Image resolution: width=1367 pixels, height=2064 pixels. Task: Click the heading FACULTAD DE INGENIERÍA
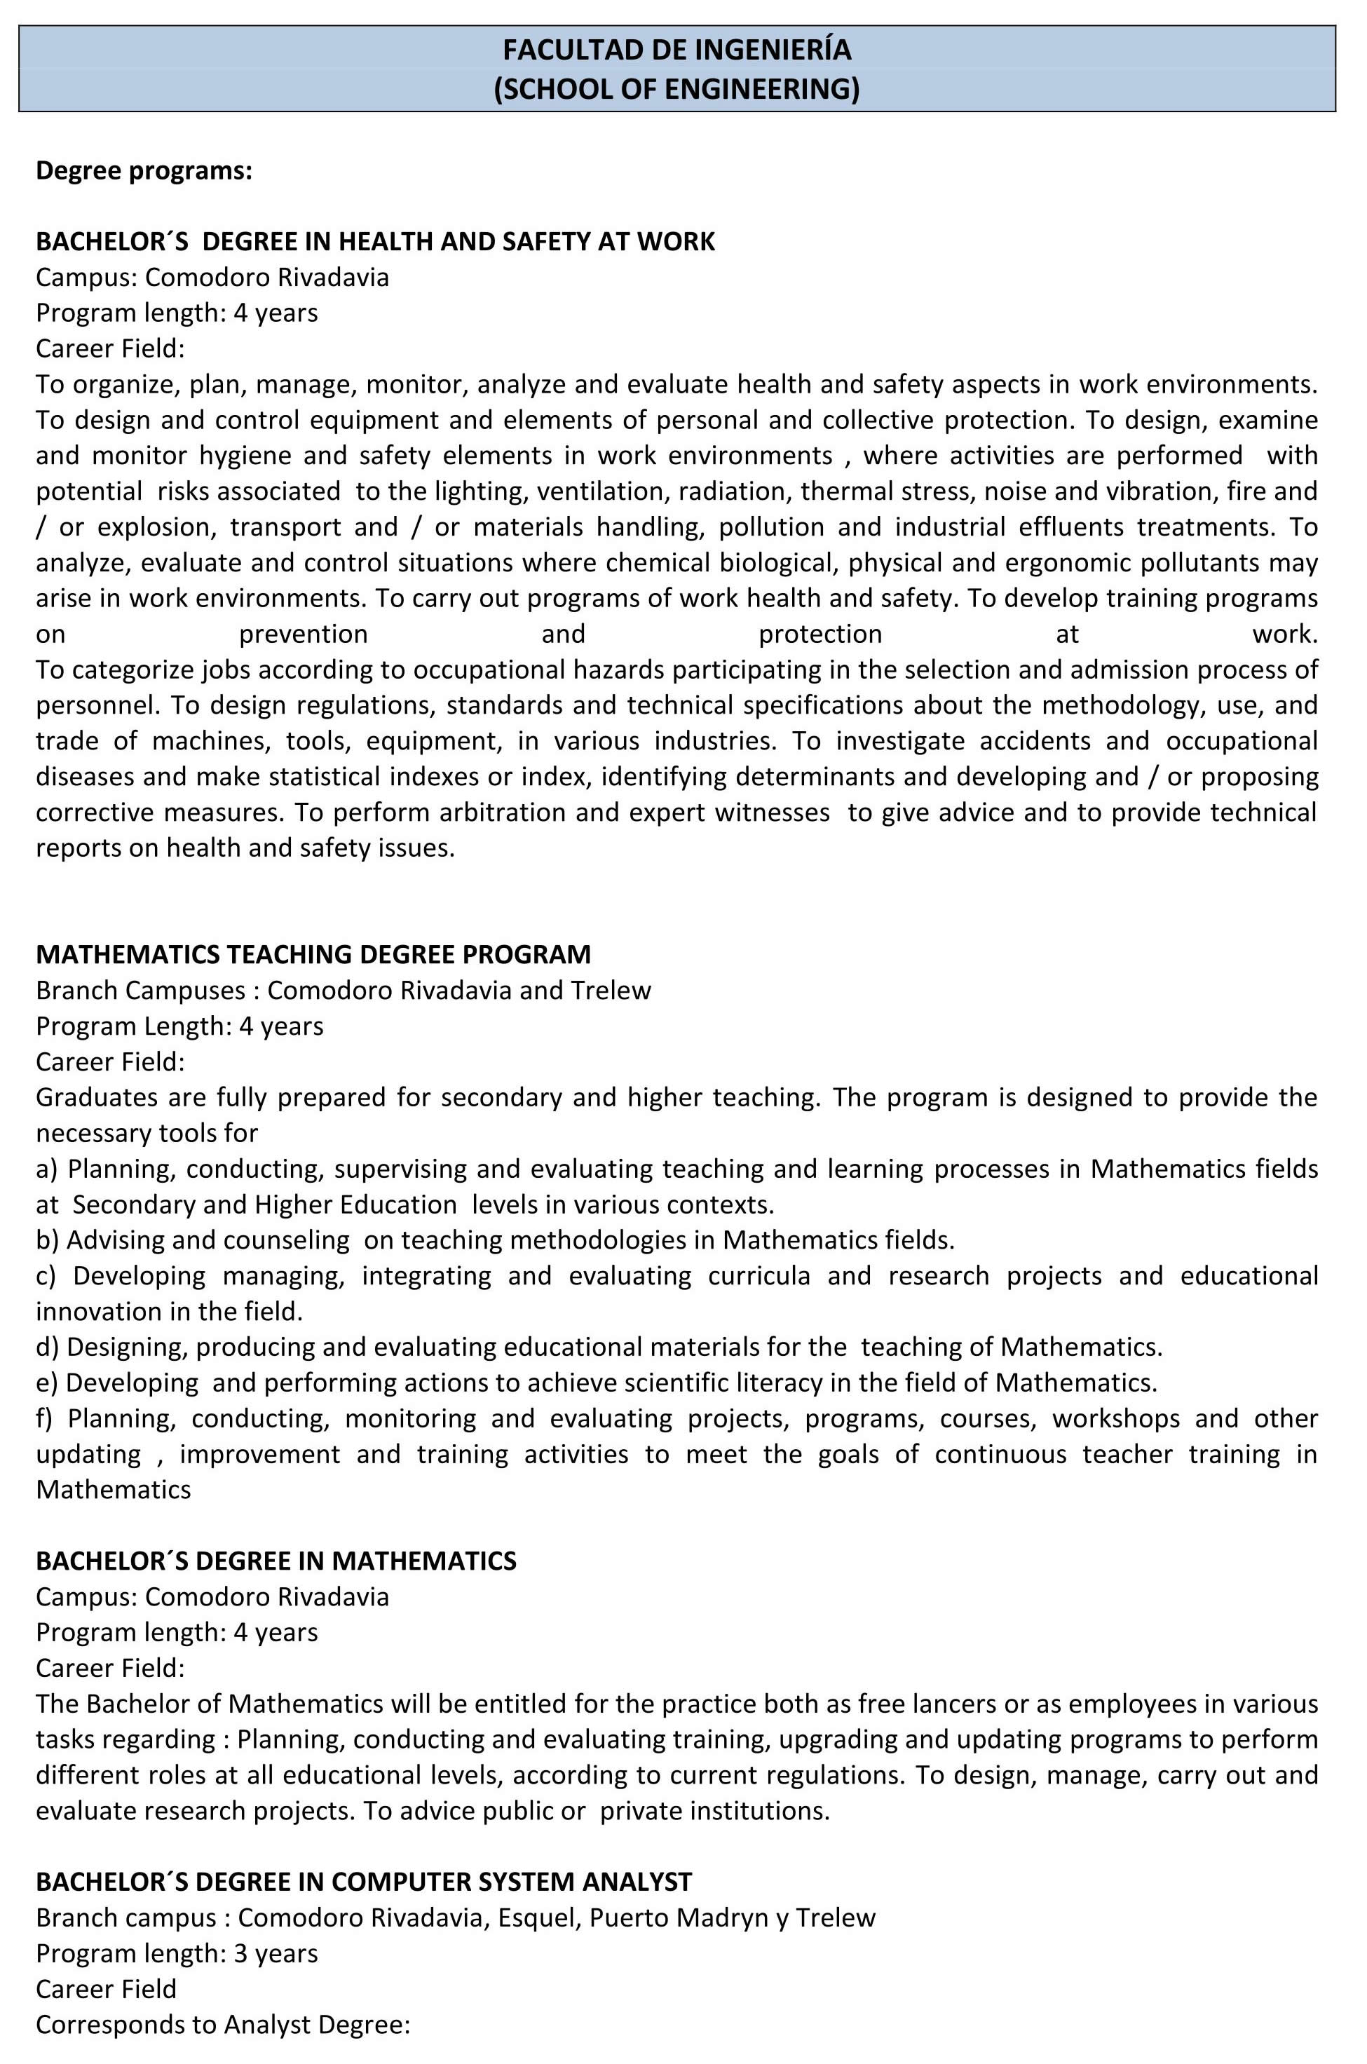[x=676, y=50]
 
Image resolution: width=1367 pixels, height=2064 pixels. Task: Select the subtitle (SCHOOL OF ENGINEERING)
[x=676, y=89]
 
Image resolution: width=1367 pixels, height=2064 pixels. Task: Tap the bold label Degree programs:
[x=144, y=171]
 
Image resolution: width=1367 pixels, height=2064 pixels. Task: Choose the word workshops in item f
[x=1115, y=1418]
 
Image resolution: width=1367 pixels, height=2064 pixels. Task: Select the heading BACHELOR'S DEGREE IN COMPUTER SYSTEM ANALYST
[x=364, y=1882]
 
